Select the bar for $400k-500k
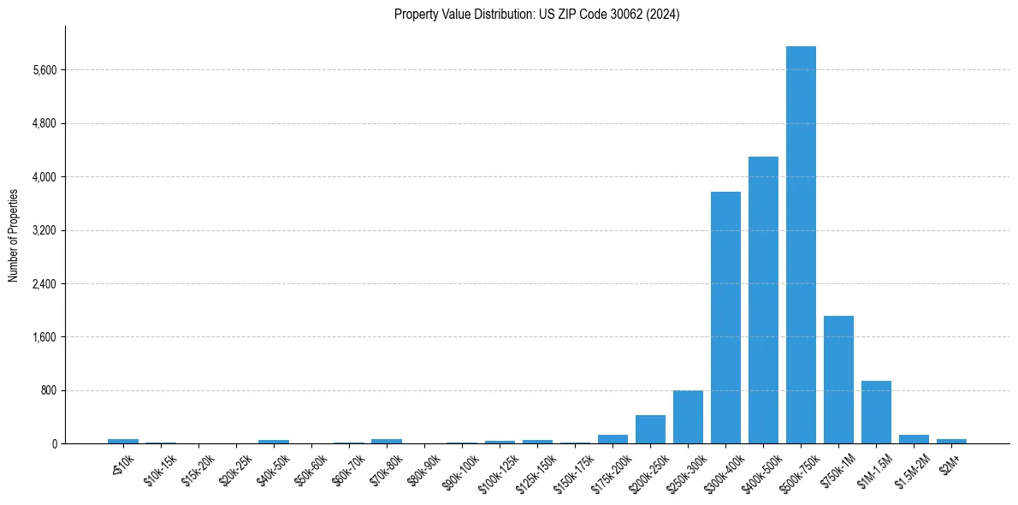tap(763, 300)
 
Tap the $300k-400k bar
tap(725, 318)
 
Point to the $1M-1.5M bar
tap(876, 412)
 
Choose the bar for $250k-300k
tap(688, 417)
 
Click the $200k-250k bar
tap(650, 429)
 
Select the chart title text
tap(537, 15)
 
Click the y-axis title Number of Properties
tap(13, 235)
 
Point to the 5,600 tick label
tap(44, 70)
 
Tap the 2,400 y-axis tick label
tap(44, 284)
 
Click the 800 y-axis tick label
tap(49, 391)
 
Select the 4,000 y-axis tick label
tap(44, 177)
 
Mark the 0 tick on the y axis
tap(55, 444)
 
